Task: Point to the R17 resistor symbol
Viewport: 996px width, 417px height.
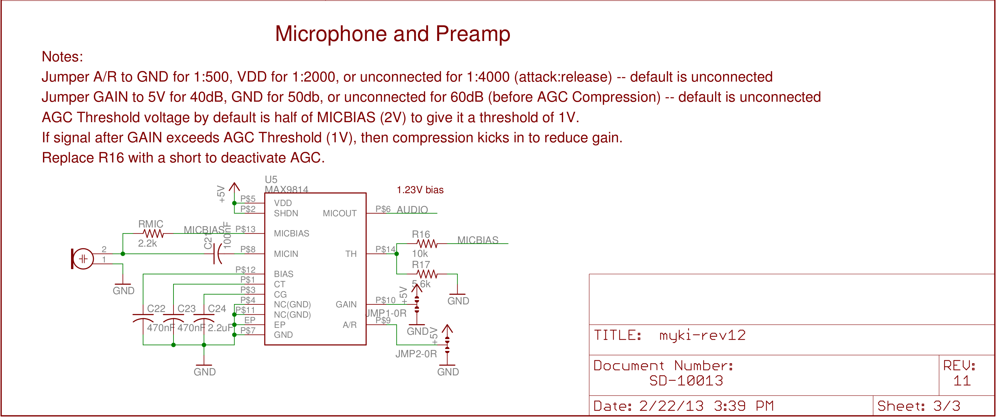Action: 427,274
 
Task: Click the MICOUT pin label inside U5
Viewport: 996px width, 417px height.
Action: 339,213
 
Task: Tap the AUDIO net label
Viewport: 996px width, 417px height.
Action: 412,209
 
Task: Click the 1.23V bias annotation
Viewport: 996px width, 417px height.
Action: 420,190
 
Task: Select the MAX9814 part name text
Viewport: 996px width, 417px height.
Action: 287,190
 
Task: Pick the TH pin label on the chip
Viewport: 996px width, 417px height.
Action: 351,254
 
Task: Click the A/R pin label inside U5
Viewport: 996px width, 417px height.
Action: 350,325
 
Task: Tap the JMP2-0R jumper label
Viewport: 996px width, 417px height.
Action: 416,354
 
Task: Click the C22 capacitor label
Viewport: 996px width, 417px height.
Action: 156,308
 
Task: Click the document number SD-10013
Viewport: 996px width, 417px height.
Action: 686,381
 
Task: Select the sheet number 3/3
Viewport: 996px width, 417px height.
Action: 946,406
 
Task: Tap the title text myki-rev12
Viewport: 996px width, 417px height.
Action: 702,335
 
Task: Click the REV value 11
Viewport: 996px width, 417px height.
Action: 962,381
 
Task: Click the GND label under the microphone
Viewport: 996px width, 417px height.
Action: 123,291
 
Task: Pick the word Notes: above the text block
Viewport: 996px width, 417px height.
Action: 62,57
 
